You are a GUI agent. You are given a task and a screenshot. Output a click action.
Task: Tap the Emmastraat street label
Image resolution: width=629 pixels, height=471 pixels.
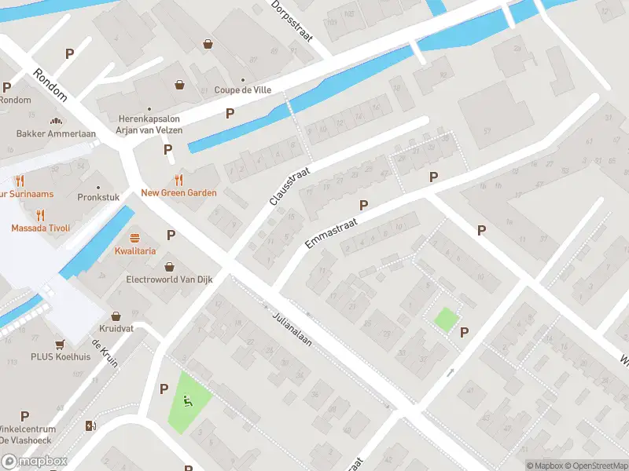click(331, 233)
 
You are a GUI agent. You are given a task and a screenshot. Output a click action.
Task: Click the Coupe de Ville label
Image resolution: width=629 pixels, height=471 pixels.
click(243, 90)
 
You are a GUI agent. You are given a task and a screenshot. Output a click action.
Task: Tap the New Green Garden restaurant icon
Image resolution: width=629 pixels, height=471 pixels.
click(178, 179)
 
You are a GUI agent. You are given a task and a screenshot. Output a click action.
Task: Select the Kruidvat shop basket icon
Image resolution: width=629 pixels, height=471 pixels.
click(116, 316)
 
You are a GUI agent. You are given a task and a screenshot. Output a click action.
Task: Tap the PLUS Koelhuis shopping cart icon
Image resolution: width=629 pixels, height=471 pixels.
click(60, 345)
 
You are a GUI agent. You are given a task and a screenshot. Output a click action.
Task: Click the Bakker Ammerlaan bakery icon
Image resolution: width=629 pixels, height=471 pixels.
click(56, 121)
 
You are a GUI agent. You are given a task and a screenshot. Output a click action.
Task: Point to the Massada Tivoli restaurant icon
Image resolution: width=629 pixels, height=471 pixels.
click(40, 214)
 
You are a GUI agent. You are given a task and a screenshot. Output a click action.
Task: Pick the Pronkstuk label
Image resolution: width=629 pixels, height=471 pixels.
click(97, 198)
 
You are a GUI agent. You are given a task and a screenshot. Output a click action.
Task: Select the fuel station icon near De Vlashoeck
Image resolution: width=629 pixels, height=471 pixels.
click(90, 426)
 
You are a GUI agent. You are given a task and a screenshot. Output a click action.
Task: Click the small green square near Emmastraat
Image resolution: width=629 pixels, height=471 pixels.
click(446, 319)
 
